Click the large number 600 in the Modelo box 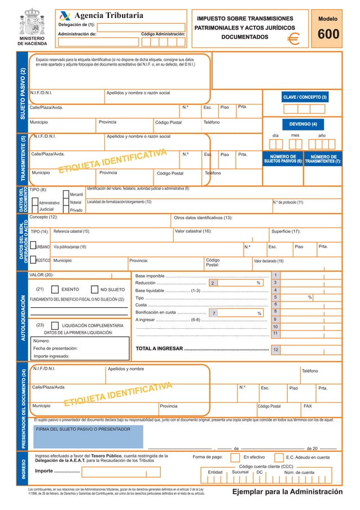[x=328, y=35]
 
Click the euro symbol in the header [x=293, y=38]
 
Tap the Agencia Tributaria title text [x=109, y=15]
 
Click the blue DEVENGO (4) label [x=303, y=124]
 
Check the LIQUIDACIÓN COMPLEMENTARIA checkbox [x=55, y=326]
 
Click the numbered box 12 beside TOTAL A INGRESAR [x=275, y=350]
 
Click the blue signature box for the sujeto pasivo [x=88, y=437]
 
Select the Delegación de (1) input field [x=148, y=27]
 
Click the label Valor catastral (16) [x=193, y=231]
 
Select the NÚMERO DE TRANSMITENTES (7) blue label [x=322, y=159]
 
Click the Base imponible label [x=151, y=275]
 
